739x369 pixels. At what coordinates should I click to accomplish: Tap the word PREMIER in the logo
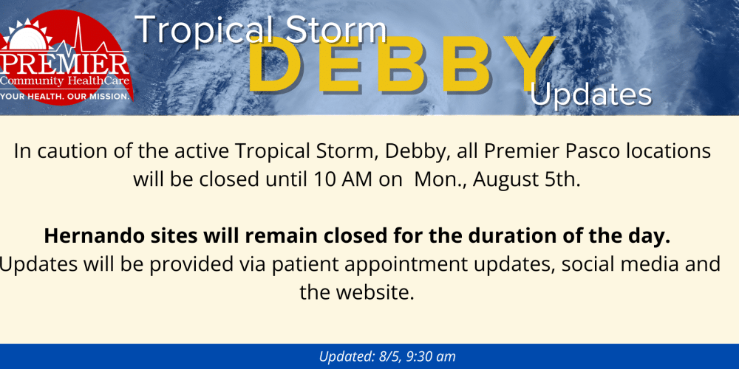pyautogui.click(x=64, y=63)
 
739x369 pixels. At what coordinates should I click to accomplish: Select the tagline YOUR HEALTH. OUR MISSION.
pyautogui.click(x=65, y=96)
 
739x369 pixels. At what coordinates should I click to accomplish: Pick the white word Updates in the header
pyautogui.click(x=591, y=95)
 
